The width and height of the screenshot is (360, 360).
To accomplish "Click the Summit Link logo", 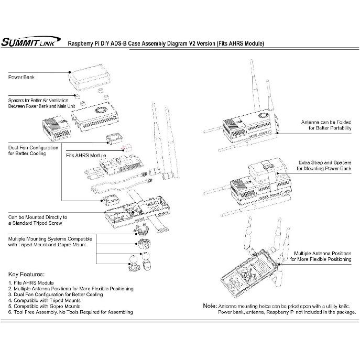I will [31, 43].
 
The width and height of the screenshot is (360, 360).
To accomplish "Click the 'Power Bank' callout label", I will [21, 77].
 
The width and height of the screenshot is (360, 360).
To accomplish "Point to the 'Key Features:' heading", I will [26, 274].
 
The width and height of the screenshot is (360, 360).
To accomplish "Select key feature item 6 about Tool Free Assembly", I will [70, 312].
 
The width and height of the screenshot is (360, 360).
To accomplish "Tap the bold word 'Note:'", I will [210, 306].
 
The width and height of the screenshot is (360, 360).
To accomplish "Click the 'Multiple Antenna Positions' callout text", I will [322, 256].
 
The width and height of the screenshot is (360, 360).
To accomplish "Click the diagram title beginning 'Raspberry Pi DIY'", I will [166, 43].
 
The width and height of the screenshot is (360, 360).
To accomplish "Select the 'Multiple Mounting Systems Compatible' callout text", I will [50, 242].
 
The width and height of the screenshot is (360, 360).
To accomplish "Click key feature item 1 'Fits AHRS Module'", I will [38, 283].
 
